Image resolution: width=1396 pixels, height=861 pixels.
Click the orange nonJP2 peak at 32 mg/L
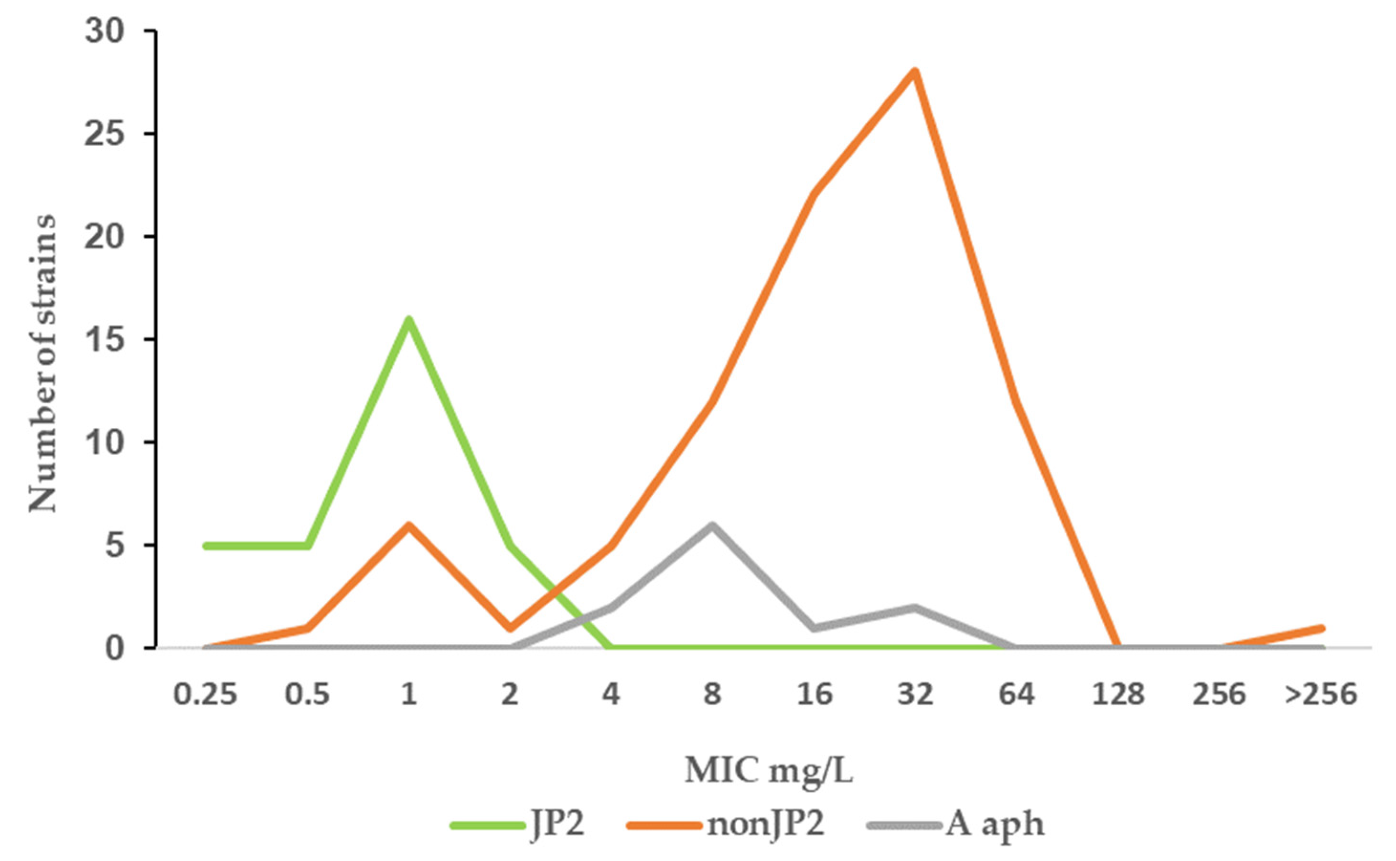click(x=915, y=71)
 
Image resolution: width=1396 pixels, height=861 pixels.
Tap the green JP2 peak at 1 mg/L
click(x=408, y=319)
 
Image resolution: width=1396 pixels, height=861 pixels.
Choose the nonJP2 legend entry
click(x=726, y=824)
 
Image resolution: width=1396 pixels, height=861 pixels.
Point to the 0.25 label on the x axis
click(x=205, y=695)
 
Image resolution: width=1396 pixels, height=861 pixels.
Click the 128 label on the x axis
click(x=1117, y=695)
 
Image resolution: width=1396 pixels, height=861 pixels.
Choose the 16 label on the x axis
click(x=815, y=695)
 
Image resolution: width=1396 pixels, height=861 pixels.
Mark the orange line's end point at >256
click(x=1321, y=628)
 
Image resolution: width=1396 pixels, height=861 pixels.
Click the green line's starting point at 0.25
click(x=206, y=545)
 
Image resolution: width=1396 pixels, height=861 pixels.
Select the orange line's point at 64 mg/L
click(x=1016, y=402)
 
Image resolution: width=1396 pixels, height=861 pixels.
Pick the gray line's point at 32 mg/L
click(x=915, y=607)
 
